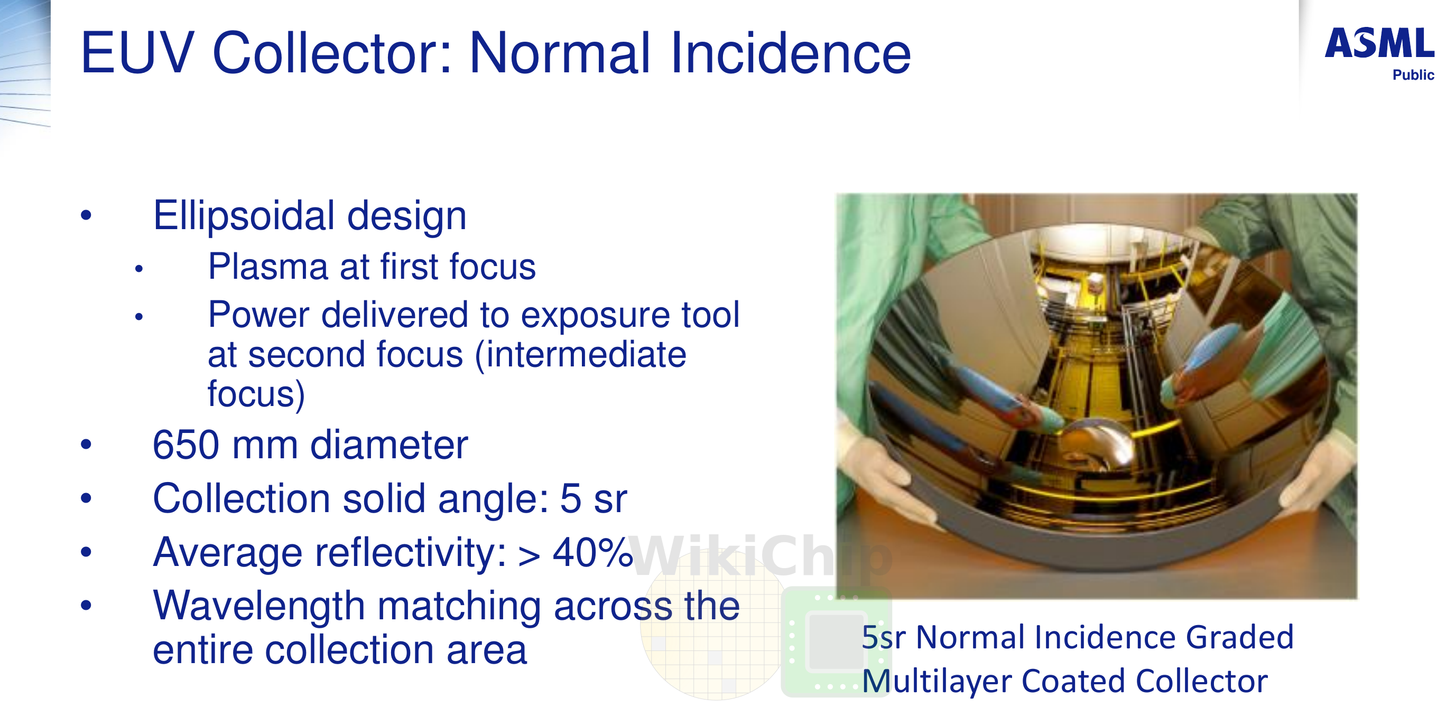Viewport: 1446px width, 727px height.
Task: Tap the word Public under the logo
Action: click(x=1413, y=75)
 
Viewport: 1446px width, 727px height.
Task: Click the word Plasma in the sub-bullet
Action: click(x=268, y=267)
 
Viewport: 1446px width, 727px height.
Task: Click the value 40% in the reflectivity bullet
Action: click(x=593, y=553)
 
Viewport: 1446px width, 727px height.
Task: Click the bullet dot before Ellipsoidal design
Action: click(x=86, y=215)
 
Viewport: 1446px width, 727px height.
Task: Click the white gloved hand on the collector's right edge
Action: click(x=1319, y=477)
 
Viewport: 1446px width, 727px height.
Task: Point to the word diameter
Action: click(x=389, y=445)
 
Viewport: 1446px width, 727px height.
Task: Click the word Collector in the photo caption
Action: click(x=1202, y=681)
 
